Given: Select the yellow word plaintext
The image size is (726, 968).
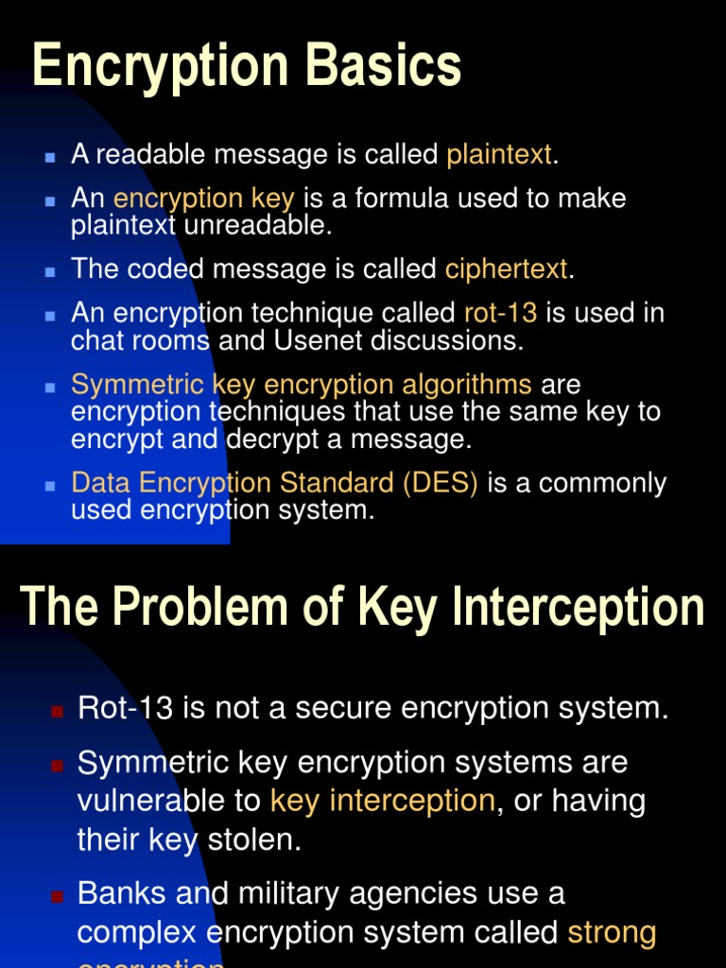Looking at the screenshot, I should (x=498, y=154).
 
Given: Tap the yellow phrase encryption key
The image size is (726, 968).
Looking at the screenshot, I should (x=203, y=199).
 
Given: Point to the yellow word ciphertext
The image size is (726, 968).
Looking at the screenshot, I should (x=506, y=269).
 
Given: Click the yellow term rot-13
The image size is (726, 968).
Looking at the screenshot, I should (x=501, y=314).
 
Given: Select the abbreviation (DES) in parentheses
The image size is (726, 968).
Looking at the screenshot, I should (x=440, y=483).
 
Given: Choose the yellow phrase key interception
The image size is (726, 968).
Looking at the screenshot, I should (x=382, y=801).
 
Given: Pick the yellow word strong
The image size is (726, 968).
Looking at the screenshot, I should (x=612, y=932).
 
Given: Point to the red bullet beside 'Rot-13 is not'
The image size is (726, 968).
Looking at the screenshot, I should (x=58, y=710).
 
